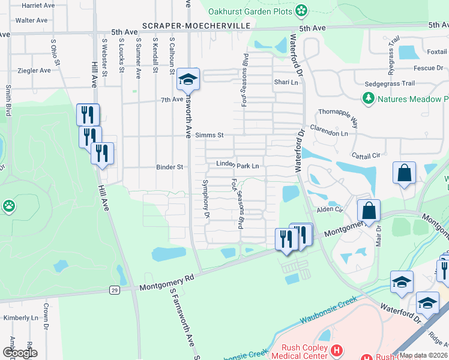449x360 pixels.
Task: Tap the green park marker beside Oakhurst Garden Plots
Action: (301, 10)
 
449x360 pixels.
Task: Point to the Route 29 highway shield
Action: (114, 290)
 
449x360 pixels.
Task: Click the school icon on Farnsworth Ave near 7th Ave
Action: (187, 79)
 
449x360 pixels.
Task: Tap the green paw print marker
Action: (9, 207)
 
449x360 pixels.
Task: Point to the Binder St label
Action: (169, 167)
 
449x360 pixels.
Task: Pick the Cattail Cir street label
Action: (368, 155)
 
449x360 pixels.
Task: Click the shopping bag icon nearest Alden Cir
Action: (369, 211)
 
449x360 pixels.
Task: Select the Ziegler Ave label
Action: (34, 70)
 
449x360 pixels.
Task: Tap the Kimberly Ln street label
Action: (20, 317)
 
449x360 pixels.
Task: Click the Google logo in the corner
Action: (19, 353)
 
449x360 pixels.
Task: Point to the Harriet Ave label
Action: (38, 5)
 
